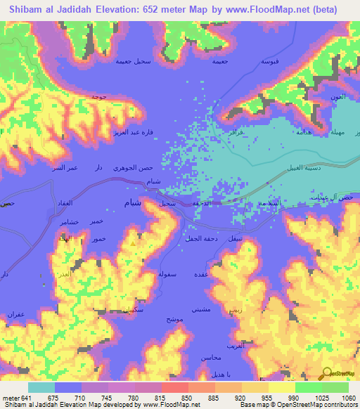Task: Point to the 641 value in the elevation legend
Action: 23,397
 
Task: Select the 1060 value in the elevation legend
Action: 347,397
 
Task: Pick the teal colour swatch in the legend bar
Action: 41,387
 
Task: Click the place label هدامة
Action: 304,131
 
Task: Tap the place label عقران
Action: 16,313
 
